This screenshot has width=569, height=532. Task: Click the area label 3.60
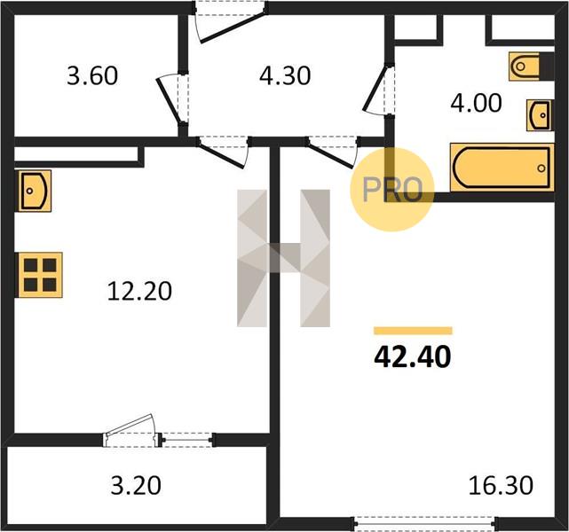(92, 76)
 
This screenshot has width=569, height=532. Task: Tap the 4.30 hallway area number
(285, 75)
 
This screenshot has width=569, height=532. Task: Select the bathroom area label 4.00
(476, 103)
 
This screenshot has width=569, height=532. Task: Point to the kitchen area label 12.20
(139, 292)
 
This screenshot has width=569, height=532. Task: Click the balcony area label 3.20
(136, 486)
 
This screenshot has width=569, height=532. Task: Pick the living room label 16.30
(501, 485)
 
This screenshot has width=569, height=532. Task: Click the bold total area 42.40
(413, 356)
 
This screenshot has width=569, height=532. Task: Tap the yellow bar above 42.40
(413, 331)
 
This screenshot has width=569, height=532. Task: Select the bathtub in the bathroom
(502, 167)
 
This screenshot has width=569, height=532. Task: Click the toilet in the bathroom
(531, 66)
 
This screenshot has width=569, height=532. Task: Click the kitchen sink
(33, 191)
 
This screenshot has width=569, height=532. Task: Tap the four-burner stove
(39, 275)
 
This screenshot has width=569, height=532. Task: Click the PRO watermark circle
(392, 190)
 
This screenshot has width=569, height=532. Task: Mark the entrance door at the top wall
(231, 21)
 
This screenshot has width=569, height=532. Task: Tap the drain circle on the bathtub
(541, 168)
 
